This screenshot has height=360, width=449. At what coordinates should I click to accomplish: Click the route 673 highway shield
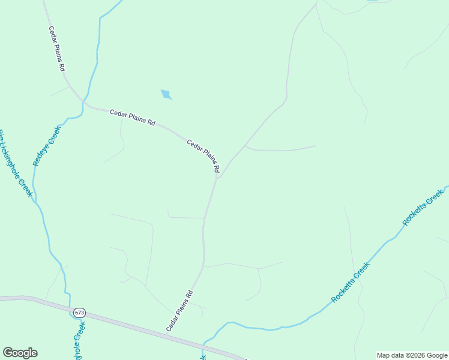[80, 313]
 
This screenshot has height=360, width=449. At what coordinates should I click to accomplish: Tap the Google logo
[20, 353]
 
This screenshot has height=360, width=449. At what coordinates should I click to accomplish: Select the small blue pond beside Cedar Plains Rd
[166, 94]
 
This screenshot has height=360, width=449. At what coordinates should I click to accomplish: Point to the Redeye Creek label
[47, 146]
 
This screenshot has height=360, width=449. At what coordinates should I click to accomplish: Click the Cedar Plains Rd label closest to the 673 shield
[179, 311]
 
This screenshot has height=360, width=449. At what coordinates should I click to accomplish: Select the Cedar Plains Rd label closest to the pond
[133, 117]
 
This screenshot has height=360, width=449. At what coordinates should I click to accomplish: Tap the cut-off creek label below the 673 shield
[79, 341]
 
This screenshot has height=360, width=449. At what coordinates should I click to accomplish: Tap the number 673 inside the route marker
[80, 313]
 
